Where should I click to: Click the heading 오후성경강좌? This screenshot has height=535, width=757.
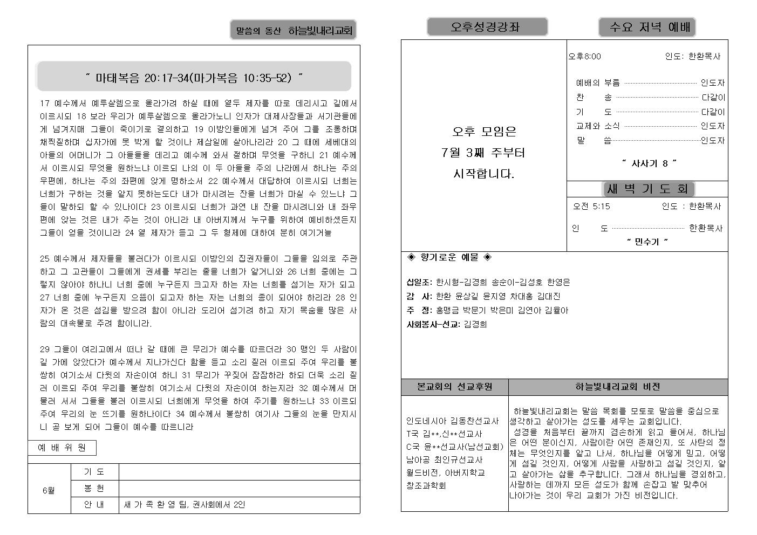point(487,27)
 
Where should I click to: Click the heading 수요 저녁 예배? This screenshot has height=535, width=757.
point(646,27)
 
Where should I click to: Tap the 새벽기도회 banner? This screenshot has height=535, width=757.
point(647,189)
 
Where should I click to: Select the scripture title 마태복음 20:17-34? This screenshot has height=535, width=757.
point(194,78)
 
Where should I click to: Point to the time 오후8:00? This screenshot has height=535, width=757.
point(584,57)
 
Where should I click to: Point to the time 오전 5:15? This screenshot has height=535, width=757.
point(591,206)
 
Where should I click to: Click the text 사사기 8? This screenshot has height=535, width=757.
point(649,163)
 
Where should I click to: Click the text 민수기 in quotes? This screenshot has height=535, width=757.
point(647,242)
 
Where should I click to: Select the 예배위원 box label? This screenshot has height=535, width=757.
point(62,448)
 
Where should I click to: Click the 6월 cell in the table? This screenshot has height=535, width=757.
point(49,491)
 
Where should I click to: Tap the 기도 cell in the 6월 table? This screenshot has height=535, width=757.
point(94,472)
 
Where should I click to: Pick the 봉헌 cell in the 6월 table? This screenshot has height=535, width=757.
point(94,489)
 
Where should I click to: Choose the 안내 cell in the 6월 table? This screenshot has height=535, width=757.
point(94,505)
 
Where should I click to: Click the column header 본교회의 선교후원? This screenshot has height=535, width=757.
point(454,387)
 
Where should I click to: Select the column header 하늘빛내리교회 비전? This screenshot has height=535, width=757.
point(617,387)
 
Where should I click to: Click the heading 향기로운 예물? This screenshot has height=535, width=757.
point(449,258)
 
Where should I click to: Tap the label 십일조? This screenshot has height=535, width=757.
point(419,282)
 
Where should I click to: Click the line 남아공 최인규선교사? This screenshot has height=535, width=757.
point(445,459)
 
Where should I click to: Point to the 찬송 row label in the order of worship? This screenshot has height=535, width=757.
point(594,98)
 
